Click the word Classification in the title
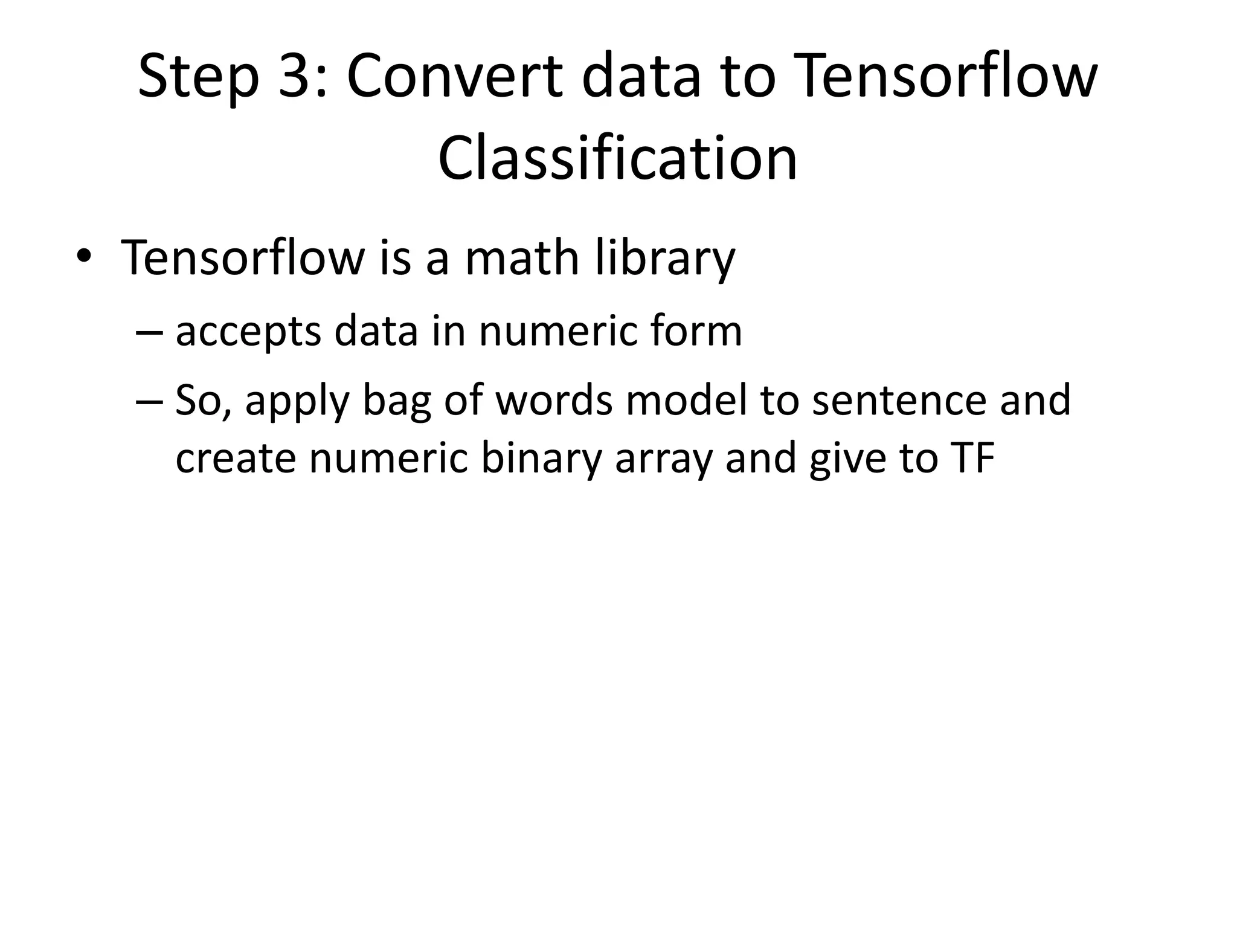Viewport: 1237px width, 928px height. tap(617, 158)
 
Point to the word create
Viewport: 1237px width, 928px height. tap(236, 459)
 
